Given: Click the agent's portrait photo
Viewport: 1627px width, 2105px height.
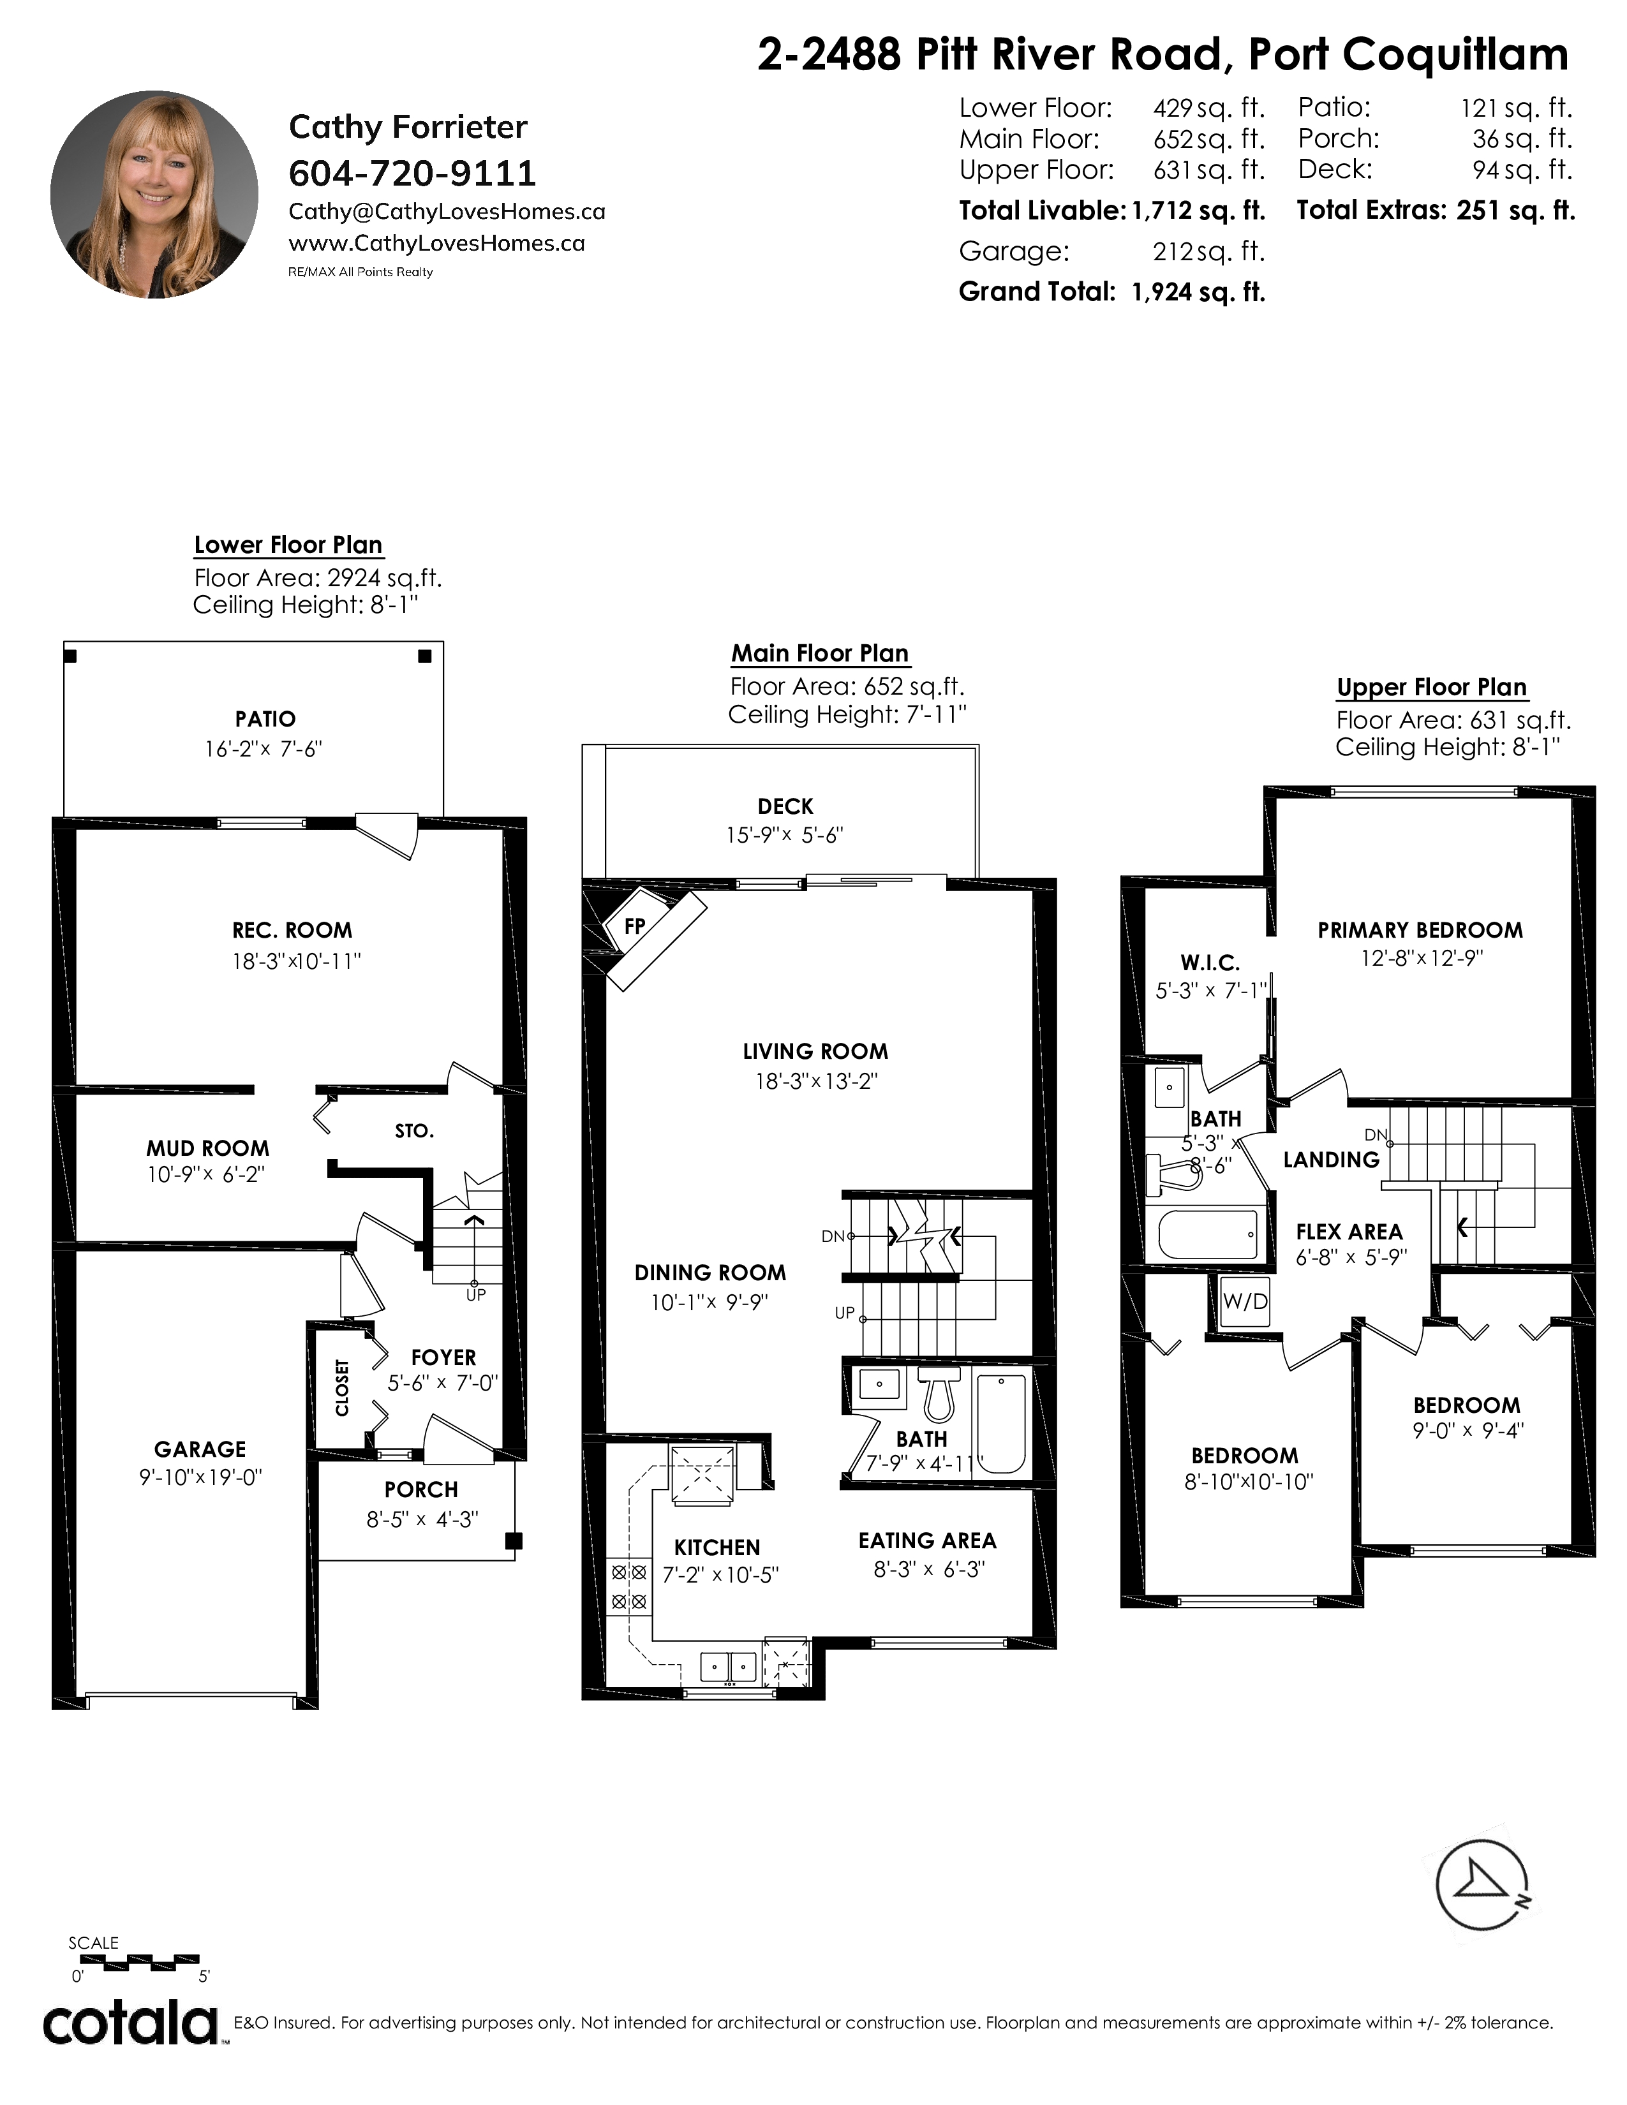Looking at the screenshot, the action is pos(154,195).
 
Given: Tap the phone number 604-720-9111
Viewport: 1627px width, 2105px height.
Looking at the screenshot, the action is pos(412,174).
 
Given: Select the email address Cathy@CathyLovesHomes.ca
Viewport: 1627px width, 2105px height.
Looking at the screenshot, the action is pos(446,211).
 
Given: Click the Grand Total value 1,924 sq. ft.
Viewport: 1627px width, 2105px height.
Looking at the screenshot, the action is pos(1198,292).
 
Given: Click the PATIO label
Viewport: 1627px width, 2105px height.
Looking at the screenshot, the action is pos(265,719).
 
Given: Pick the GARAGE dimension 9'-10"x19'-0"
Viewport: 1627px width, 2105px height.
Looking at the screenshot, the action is pos(200,1477).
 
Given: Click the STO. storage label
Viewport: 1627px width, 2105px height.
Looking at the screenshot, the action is pos(415,1130).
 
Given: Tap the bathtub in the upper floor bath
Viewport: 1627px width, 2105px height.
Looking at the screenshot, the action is pos(1208,1234).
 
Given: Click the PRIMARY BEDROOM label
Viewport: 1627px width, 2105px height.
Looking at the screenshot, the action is pos(1420,930).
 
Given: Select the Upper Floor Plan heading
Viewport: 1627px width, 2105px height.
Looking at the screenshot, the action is pos(1431,687).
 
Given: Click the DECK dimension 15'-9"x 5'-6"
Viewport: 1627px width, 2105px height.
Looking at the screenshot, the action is pos(785,836).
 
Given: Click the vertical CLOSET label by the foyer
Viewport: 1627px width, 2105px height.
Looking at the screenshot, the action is pos(342,1388).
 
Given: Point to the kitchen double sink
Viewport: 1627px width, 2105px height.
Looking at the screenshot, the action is pos(729,1666).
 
